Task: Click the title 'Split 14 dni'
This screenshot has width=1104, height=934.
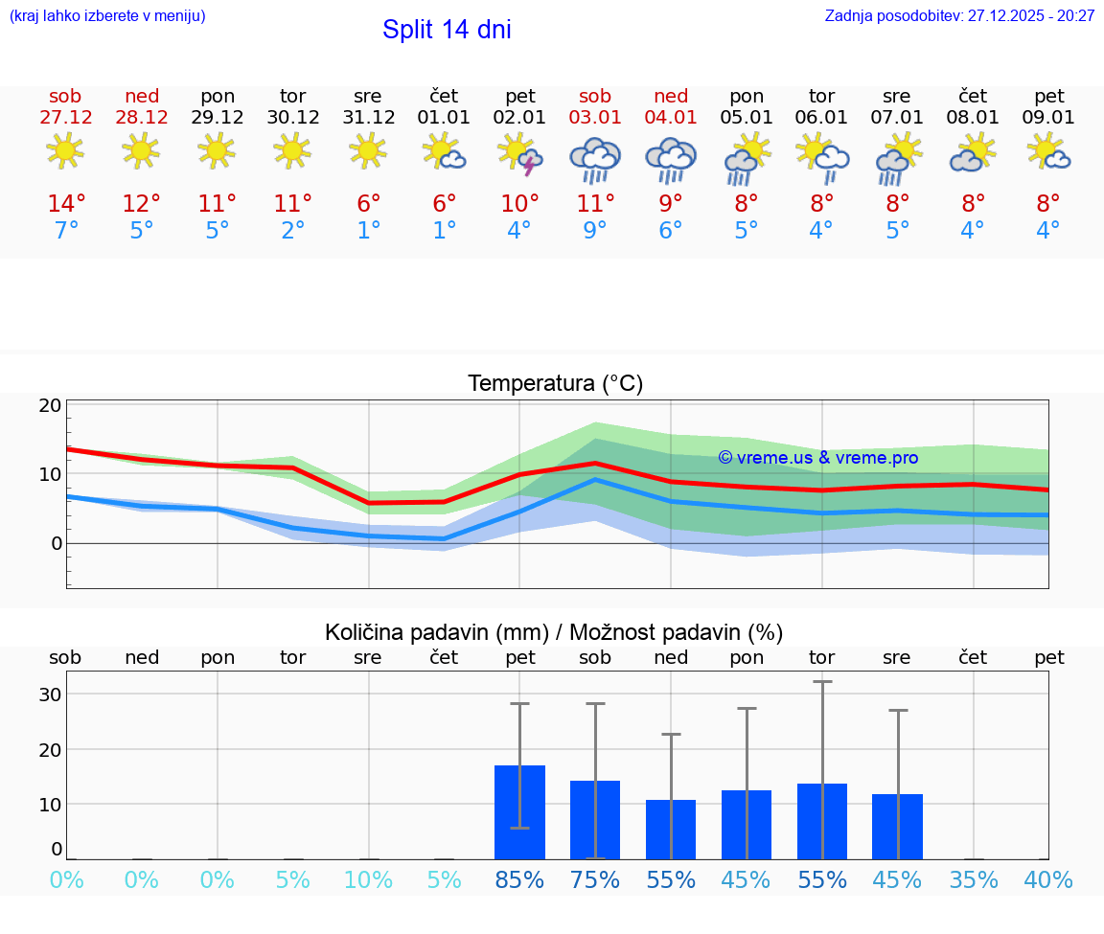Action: click(x=447, y=30)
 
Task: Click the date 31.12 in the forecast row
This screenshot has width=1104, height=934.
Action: click(x=368, y=117)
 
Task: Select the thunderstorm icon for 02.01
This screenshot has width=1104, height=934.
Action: click(x=518, y=153)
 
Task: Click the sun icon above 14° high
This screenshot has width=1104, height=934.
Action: click(x=65, y=150)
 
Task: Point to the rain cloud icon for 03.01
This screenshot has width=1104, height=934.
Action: click(x=595, y=159)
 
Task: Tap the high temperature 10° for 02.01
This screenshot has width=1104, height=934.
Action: click(x=519, y=204)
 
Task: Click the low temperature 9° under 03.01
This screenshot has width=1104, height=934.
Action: click(x=595, y=231)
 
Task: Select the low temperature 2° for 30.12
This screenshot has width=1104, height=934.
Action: click(x=293, y=231)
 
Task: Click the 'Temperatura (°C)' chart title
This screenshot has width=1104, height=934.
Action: click(x=555, y=384)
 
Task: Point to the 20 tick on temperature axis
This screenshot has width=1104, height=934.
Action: click(x=51, y=405)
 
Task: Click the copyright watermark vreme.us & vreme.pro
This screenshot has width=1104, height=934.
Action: click(x=817, y=458)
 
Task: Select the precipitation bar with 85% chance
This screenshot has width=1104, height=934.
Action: click(x=519, y=811)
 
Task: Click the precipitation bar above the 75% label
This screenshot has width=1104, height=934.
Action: click(x=595, y=819)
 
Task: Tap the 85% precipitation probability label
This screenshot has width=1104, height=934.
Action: click(x=519, y=880)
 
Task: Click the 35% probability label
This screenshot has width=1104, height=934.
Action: click(x=974, y=880)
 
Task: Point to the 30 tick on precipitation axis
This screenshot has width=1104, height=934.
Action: click(x=51, y=695)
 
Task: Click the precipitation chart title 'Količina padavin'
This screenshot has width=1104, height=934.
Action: click(x=554, y=632)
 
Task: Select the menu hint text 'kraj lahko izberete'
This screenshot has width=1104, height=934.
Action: click(x=107, y=16)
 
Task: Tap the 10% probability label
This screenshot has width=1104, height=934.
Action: click(x=368, y=880)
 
